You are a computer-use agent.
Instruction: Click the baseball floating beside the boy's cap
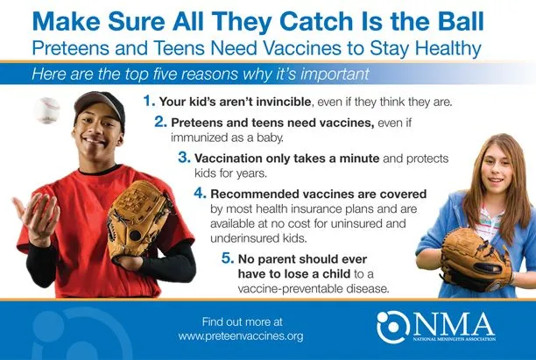46,110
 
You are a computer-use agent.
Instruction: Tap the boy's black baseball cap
100,106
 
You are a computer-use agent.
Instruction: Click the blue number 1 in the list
149,101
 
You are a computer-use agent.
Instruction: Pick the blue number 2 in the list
160,122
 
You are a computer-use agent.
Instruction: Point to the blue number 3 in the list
184,158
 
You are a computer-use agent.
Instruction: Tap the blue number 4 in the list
200,194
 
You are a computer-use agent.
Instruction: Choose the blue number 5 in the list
228,258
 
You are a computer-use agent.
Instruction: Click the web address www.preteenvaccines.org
241,336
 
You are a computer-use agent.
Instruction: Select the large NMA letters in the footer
455,325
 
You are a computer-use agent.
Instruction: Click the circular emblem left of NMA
393,327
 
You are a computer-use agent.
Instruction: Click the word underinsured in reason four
242,238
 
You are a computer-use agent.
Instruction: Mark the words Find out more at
243,321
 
